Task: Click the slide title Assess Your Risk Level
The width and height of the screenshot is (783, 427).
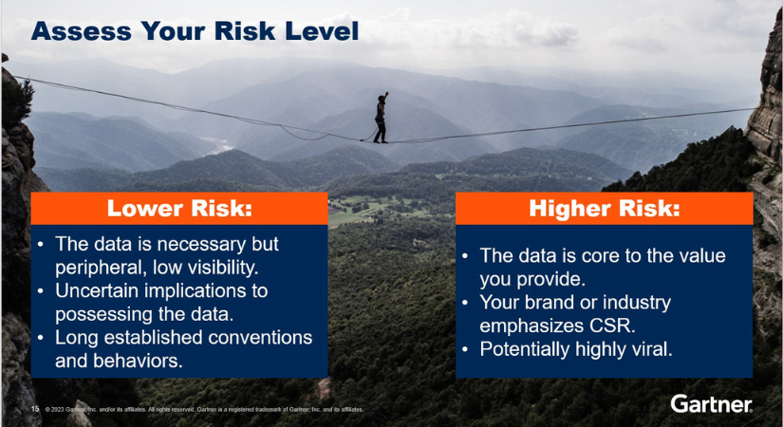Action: click(195, 32)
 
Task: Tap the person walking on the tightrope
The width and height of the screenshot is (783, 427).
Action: click(381, 118)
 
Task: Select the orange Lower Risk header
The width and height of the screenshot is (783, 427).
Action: click(179, 208)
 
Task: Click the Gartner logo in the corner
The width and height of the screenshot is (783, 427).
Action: click(711, 403)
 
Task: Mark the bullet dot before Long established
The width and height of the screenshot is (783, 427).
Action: click(41, 338)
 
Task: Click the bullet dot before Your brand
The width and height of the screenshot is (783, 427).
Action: click(465, 303)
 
